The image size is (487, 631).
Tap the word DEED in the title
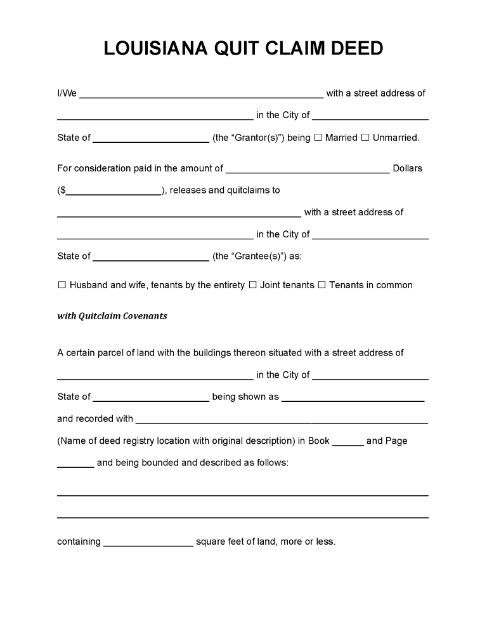(x=355, y=49)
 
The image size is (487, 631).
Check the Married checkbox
(x=318, y=138)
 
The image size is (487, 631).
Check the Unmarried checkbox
(x=365, y=138)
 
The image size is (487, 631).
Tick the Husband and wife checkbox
(x=62, y=286)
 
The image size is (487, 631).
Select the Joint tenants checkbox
(x=252, y=286)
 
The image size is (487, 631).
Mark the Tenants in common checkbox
(x=321, y=286)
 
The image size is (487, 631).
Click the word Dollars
(x=408, y=169)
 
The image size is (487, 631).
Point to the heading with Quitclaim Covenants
(x=112, y=316)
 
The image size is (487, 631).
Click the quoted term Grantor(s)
(x=249, y=138)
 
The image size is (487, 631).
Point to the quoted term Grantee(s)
(x=249, y=256)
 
